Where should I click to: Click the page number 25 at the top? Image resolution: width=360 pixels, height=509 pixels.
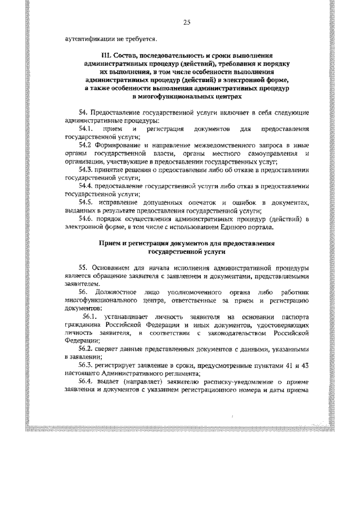pos(187,22)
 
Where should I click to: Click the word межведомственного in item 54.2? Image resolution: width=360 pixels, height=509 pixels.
pos(220,145)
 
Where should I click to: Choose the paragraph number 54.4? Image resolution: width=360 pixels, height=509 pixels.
pos(85,184)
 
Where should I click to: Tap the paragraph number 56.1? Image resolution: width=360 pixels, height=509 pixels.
pos(89,318)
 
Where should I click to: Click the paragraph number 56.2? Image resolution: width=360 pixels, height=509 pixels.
pos(85,349)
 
